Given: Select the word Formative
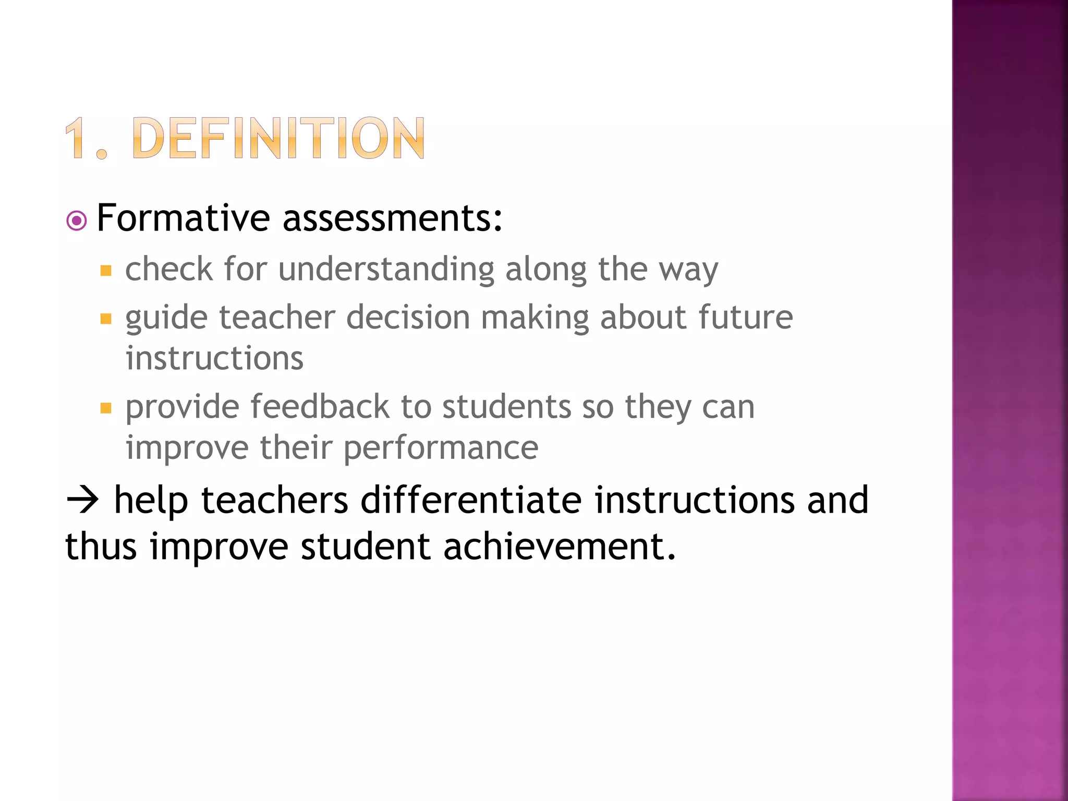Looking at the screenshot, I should (x=183, y=218).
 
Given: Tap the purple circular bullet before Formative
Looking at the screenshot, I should (x=77, y=221).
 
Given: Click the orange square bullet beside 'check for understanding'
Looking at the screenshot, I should (x=106, y=271).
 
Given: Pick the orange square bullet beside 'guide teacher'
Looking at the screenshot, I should (x=106, y=319).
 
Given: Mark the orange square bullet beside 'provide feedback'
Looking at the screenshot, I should (x=106, y=408).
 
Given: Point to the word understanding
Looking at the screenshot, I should (x=386, y=270).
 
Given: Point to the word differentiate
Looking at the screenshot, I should (x=471, y=500).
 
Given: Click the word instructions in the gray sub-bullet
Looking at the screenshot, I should (x=214, y=359).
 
